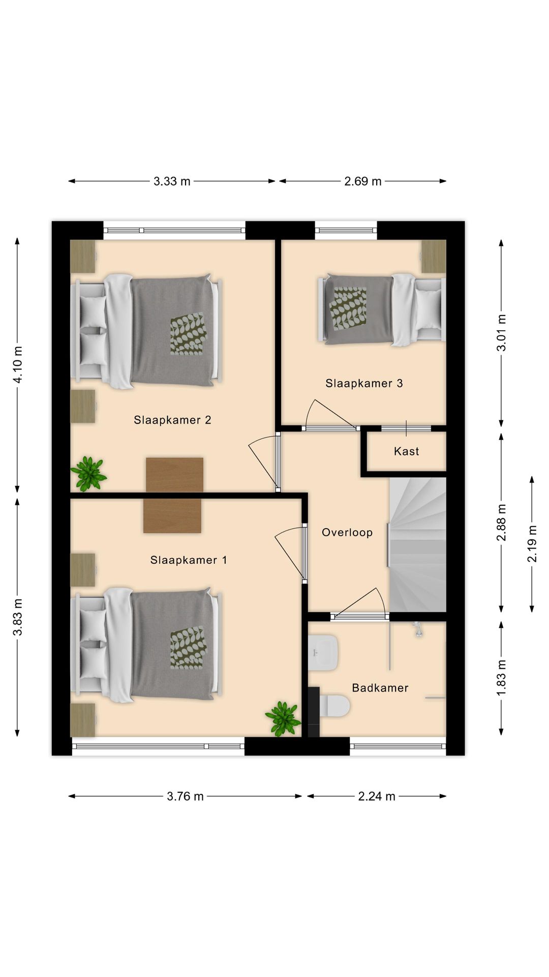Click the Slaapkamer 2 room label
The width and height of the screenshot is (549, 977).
click(172, 420)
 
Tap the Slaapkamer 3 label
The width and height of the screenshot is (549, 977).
click(364, 383)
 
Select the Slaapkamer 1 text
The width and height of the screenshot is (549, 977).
click(189, 560)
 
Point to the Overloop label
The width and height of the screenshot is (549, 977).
click(347, 532)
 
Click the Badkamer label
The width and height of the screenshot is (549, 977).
click(380, 687)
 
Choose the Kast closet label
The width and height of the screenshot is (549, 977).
click(406, 451)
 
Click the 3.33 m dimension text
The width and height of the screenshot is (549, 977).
click(172, 181)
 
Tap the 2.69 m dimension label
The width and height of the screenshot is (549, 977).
click(363, 181)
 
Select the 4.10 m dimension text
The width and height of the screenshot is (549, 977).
click(18, 364)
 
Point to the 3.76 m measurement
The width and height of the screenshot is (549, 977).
click(185, 796)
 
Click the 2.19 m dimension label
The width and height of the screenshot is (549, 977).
click(532, 544)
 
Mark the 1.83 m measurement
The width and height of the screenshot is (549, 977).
click(501, 679)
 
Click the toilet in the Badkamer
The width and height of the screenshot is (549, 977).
click(333, 705)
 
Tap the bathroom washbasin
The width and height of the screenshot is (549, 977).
click(323, 652)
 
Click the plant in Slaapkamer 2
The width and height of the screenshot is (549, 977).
click(89, 473)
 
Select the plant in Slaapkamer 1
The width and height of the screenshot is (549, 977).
click(283, 718)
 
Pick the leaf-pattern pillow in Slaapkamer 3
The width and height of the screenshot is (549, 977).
click(348, 306)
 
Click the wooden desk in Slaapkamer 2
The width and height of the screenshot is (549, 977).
click(174, 474)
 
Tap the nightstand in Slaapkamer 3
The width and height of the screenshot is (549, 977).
click(433, 256)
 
